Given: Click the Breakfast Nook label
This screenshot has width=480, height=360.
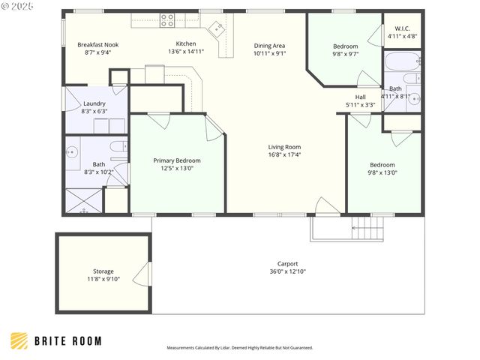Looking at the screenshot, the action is point(98,45).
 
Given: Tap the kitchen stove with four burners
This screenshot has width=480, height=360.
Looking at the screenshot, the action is point(168,20).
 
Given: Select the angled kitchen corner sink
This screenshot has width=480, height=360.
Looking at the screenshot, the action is point(217,28).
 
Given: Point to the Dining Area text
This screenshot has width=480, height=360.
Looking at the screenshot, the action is point(269,46).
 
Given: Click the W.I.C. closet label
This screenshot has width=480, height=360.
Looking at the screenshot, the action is point(402,28).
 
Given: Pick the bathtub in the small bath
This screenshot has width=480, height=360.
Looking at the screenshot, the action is point(402,61).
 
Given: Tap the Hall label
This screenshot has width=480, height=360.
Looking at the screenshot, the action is point(360,97).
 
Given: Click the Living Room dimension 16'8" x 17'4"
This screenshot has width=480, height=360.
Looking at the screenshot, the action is point(284,154).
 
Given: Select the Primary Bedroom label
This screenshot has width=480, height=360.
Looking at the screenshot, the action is point(177,160).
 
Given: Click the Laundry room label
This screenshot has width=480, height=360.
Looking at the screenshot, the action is point(94,103).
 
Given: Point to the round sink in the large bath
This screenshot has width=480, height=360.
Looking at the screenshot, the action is point(72,151).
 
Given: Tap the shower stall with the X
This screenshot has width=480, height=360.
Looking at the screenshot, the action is point(83,200).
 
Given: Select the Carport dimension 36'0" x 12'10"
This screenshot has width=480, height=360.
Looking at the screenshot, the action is point(288,271).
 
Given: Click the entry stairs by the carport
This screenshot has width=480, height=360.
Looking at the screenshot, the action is point(367,228).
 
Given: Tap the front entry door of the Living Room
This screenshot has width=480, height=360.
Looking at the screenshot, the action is point(328,205).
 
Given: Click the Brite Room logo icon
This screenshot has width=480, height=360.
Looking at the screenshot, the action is point(19,340).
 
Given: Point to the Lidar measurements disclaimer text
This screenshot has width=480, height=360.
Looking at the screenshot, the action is point(240,348).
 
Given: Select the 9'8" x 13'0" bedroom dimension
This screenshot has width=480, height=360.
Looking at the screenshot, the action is point(382,172).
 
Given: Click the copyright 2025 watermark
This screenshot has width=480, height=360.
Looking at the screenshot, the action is point(17,7).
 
